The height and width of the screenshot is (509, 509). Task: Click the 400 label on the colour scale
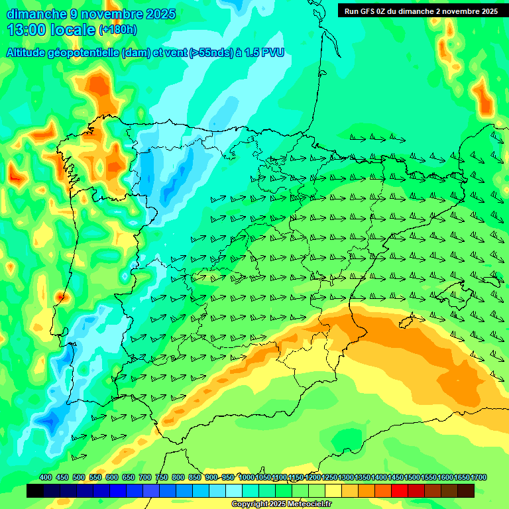tap(45, 477)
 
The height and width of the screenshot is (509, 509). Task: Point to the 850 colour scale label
tap(194, 477)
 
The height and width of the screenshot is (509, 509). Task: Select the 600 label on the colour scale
tap(111, 477)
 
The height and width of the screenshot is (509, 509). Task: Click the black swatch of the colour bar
tap(35, 491)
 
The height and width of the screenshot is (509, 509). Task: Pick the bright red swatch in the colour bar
tap(400, 491)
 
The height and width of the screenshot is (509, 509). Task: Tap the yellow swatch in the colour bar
tap(333, 491)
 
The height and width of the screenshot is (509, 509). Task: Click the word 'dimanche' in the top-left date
tap(36, 14)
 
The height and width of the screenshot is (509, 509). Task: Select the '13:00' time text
tap(27, 30)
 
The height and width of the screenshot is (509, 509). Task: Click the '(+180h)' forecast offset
tap(117, 30)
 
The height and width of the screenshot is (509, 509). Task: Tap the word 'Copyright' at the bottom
tap(251, 504)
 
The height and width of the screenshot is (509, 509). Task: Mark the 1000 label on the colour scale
tap(247, 477)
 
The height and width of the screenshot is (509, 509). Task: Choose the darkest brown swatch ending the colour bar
tap(466, 491)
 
